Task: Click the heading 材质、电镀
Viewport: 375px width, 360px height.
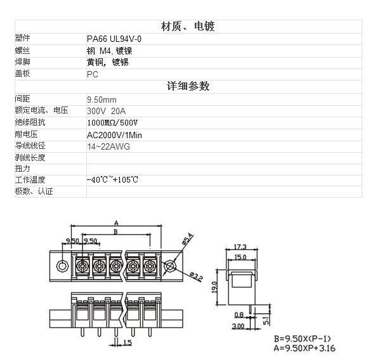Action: point(188,26)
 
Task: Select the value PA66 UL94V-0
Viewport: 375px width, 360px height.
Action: point(114,39)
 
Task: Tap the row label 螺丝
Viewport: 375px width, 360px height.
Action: point(22,51)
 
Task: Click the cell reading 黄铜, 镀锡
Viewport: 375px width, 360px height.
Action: point(108,62)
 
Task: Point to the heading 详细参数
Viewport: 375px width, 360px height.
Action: point(188,86)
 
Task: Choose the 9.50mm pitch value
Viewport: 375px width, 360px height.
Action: point(102,100)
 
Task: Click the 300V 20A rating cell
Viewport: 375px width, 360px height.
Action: point(106,111)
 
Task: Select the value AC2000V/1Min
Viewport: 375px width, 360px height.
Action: point(114,135)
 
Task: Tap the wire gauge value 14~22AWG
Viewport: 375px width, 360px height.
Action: point(109,146)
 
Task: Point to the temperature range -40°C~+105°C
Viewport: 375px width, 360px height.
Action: point(112,179)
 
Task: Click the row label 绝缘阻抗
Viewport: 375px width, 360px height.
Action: point(30,122)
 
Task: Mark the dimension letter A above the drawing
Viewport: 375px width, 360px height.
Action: point(116,223)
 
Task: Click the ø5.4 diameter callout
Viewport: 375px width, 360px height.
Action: point(187,239)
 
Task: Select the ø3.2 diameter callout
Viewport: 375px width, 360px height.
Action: point(197,276)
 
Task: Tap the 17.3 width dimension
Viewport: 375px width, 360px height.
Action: point(240,247)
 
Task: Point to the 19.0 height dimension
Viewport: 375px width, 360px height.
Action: point(214,287)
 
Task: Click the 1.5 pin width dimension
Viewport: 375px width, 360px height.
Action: point(128,343)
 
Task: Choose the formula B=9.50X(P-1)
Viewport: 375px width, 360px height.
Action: point(302,338)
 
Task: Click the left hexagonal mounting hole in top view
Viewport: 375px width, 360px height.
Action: point(62,266)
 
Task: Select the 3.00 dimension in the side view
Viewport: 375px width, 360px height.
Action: point(238,326)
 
